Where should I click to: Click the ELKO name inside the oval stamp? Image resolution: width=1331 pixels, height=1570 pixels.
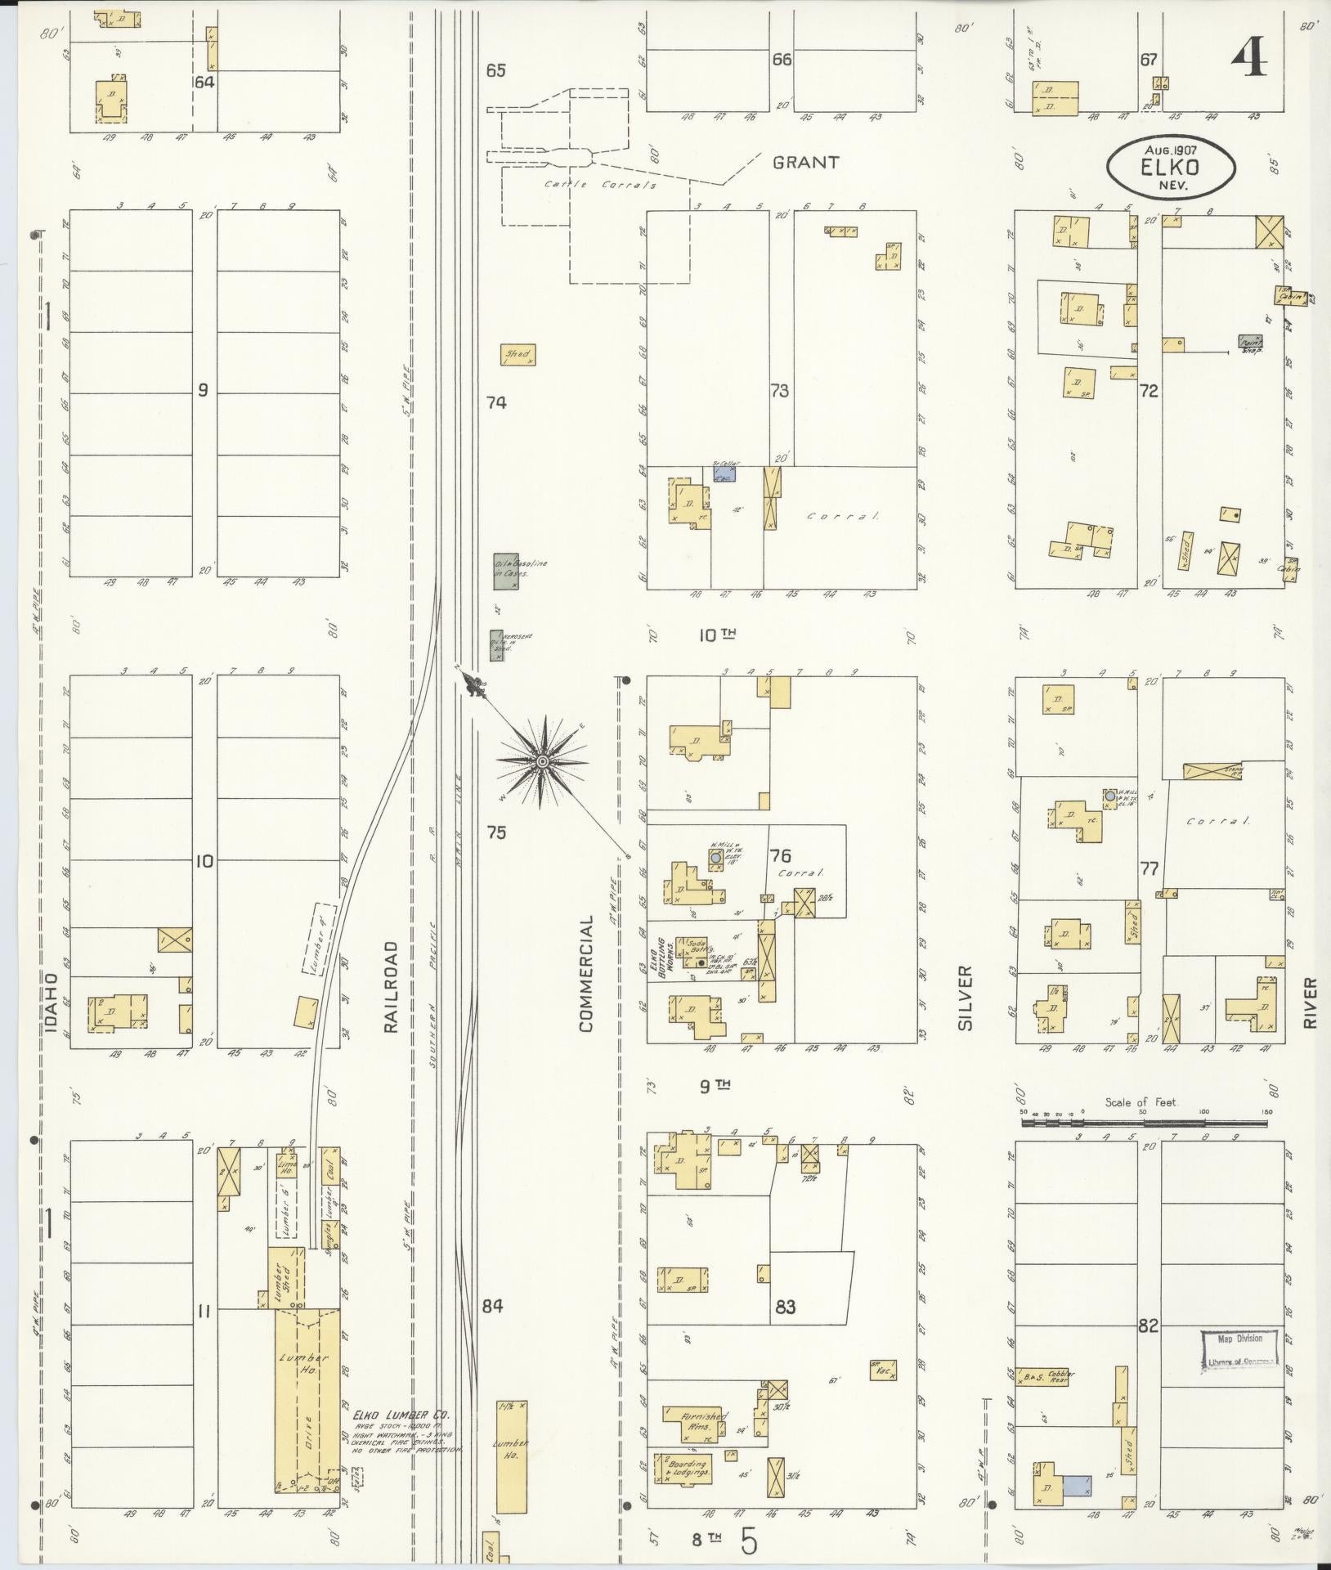click(x=1171, y=168)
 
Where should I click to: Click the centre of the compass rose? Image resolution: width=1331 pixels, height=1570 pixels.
click(x=541, y=761)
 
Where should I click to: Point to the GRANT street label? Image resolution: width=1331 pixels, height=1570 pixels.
click(x=805, y=163)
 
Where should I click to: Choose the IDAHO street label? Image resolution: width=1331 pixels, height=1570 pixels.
click(x=52, y=1003)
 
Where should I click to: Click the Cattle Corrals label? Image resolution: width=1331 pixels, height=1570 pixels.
click(x=602, y=185)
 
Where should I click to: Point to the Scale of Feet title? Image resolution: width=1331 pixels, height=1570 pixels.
click(x=1140, y=1102)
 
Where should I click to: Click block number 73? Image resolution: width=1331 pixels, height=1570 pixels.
click(x=779, y=391)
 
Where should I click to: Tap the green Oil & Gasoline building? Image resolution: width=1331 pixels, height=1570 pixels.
click(x=505, y=571)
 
